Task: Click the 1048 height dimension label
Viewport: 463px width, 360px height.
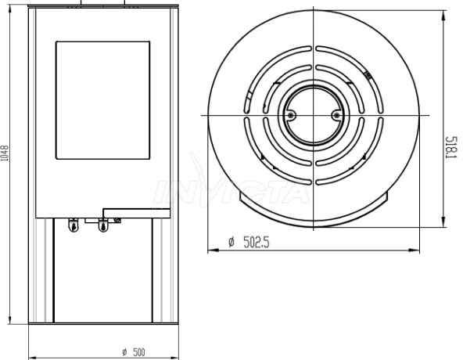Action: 5,153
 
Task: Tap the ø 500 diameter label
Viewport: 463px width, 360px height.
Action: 134,352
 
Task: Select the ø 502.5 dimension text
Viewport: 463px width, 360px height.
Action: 249,243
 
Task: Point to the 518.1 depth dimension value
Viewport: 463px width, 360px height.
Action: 451,147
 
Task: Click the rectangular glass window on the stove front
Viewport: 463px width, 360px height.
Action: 102,100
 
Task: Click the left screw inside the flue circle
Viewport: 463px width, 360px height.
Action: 291,115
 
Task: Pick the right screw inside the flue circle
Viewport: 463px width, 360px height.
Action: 336,115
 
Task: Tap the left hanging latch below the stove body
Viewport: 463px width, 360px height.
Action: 74,225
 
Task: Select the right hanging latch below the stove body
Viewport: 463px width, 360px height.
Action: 102,225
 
